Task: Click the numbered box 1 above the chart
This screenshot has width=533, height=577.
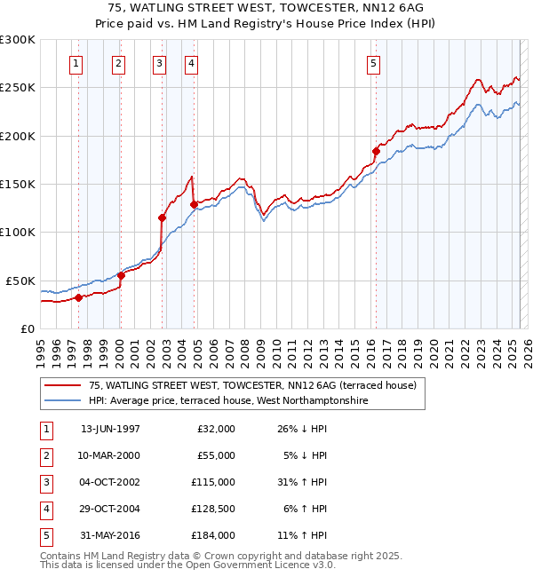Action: tap(76, 63)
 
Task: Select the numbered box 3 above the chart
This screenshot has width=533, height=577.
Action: tap(158, 63)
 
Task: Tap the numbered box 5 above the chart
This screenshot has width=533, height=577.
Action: tap(373, 63)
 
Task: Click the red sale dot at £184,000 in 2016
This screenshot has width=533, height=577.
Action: tap(377, 152)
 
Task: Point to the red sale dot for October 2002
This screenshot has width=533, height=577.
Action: tap(163, 217)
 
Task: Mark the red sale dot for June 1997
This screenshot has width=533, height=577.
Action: tap(78, 297)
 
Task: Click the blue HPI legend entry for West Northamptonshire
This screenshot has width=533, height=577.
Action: tap(227, 400)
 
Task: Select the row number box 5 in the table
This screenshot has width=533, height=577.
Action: tap(44, 535)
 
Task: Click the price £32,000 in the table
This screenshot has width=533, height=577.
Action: tap(216, 429)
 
